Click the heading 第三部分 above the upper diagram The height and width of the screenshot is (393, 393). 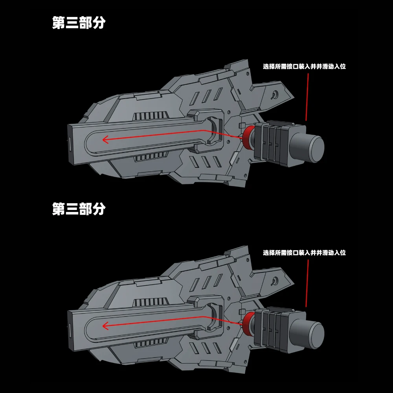(x=79, y=23)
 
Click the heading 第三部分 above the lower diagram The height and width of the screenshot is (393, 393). (x=79, y=209)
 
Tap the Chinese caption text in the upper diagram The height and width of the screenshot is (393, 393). (x=304, y=66)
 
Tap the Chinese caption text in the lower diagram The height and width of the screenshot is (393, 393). (x=304, y=253)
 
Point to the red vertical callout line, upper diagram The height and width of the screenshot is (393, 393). (x=307, y=96)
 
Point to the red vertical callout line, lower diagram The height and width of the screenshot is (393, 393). (x=307, y=283)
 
